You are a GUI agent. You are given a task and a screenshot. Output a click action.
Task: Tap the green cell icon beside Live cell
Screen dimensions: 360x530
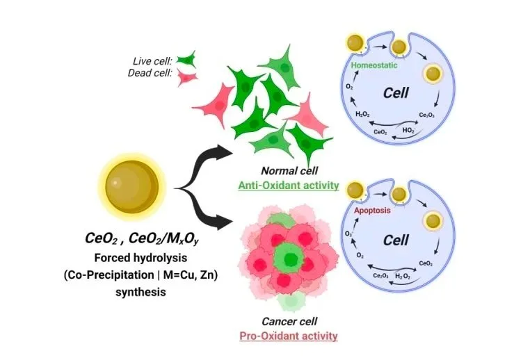(185, 59)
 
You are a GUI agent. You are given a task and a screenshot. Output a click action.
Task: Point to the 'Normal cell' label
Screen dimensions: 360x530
(288, 171)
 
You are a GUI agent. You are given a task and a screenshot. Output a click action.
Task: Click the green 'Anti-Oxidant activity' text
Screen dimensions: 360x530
(288, 186)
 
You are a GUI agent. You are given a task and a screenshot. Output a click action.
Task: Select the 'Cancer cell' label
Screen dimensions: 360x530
(288, 322)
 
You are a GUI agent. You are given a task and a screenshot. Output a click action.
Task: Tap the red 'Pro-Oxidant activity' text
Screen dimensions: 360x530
(288, 336)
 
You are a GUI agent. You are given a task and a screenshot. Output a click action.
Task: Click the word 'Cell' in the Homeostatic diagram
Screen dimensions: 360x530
(396, 93)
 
